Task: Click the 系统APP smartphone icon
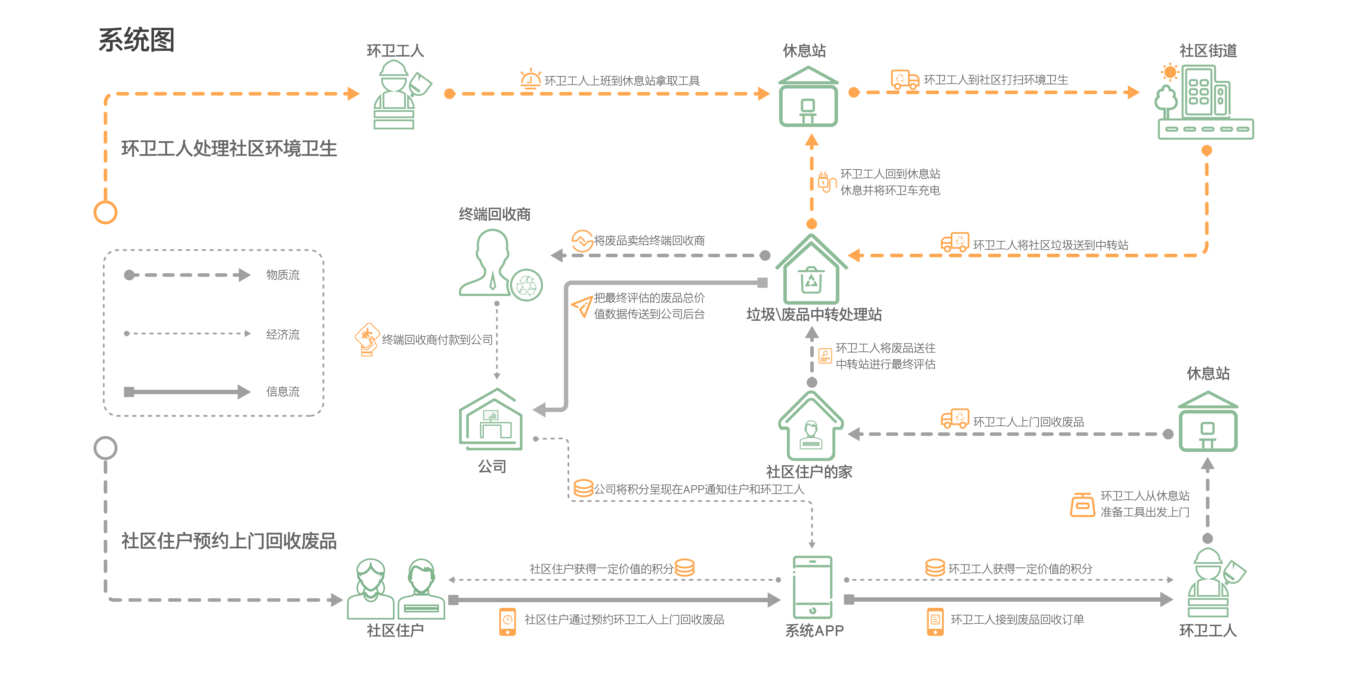(812, 587)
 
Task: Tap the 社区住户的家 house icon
(811, 426)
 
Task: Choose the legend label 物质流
(283, 275)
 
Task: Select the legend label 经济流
(283, 334)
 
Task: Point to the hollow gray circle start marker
(105, 448)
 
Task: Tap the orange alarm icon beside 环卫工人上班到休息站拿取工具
(530, 79)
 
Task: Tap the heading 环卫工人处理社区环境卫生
(229, 149)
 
